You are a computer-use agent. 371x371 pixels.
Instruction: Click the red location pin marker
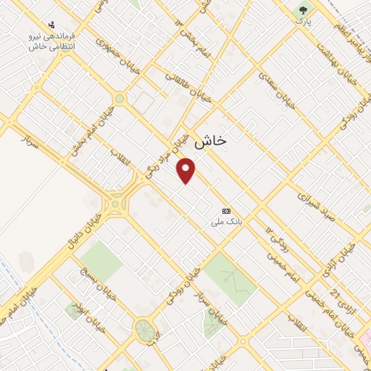point(187,170)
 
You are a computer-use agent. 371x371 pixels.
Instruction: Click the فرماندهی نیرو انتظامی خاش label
point(53,41)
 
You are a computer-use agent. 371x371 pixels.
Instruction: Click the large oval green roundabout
point(143,330)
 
